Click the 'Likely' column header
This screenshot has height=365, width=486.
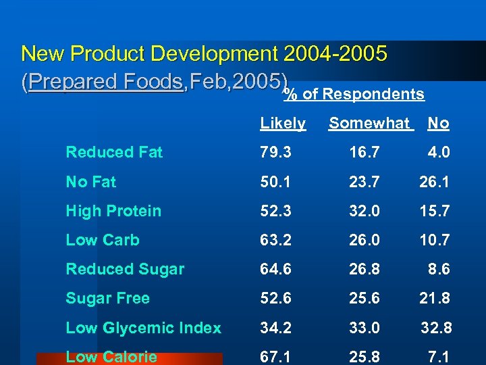coord(283,124)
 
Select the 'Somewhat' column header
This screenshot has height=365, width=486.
coord(369,124)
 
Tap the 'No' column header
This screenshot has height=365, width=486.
coord(438,124)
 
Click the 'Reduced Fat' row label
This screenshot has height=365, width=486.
coord(114,153)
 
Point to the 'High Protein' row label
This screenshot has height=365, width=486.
coord(113,211)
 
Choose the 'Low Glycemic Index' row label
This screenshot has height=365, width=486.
coord(143,328)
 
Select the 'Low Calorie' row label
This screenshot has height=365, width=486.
coord(111,357)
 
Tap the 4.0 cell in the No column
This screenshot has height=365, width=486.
coord(439,153)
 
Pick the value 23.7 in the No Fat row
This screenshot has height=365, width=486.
coord(364,182)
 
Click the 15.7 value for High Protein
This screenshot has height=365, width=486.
coord(435,211)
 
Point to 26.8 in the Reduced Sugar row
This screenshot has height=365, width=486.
coord(364,269)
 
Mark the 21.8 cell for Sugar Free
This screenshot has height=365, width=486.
coord(435,298)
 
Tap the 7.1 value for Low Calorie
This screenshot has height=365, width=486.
coord(439,357)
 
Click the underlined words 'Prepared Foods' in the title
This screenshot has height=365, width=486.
coord(106,82)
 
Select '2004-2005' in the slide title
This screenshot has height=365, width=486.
coord(336,53)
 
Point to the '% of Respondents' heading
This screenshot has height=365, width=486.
coord(354,95)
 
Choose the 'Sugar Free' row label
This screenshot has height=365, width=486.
coord(107,298)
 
